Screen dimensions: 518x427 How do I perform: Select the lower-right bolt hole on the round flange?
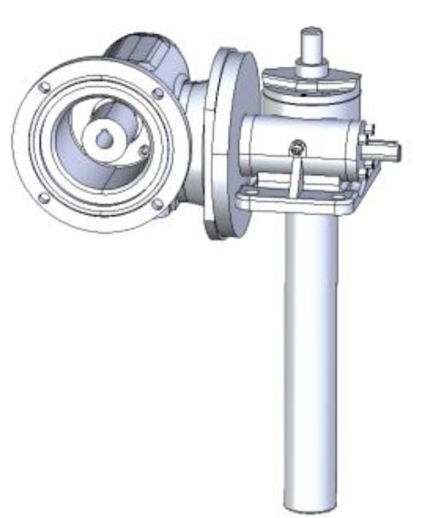pos(157,203)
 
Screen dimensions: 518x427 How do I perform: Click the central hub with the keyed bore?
pos(105,137)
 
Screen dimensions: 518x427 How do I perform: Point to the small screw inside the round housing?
pos(143,151)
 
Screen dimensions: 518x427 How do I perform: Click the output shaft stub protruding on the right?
pos(389,152)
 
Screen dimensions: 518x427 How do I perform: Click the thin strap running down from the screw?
pos(290,175)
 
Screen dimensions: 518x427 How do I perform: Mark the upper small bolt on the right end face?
pos(366,128)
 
